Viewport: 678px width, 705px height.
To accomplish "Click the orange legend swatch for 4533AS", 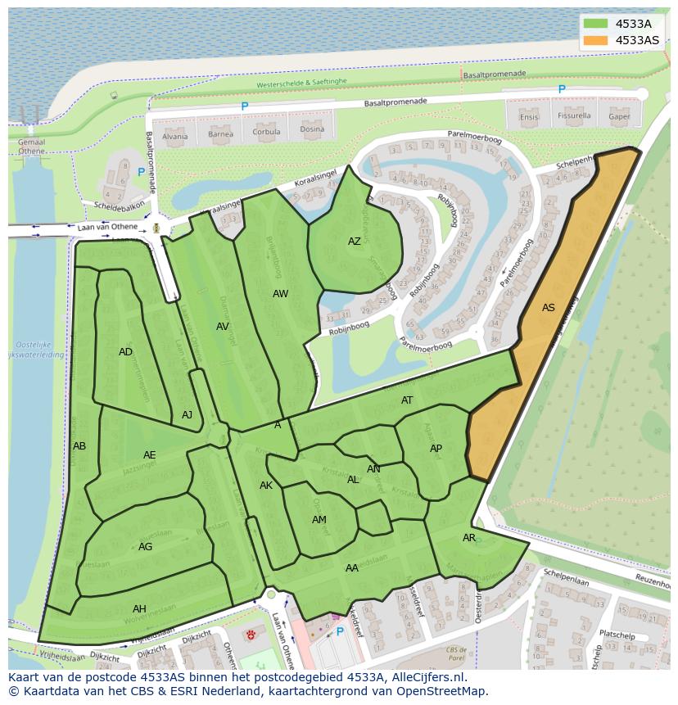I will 596,40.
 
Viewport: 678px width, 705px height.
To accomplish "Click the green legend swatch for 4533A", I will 596,24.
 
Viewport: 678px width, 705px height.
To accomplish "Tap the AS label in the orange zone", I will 549,308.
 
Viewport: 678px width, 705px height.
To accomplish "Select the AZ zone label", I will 354,242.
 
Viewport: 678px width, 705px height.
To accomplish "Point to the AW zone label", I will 281,293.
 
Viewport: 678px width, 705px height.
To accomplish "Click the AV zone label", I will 223,326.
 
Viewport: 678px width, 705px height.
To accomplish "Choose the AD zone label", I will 125,352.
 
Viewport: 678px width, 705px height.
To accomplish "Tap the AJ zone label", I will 188,415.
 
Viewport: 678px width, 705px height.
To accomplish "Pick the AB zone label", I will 79,446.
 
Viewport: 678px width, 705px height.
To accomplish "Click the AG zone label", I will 145,547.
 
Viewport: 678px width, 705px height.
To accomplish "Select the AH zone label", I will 139,608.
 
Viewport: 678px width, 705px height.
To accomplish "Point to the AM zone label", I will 319,520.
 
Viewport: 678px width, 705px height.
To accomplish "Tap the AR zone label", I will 469,538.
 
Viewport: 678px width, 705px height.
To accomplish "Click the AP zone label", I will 436,449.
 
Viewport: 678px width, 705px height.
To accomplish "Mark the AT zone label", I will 407,400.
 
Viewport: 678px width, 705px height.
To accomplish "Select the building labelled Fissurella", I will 574,116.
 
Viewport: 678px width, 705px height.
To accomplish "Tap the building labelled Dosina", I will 311,129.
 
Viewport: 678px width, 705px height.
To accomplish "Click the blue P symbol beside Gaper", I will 562,89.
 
